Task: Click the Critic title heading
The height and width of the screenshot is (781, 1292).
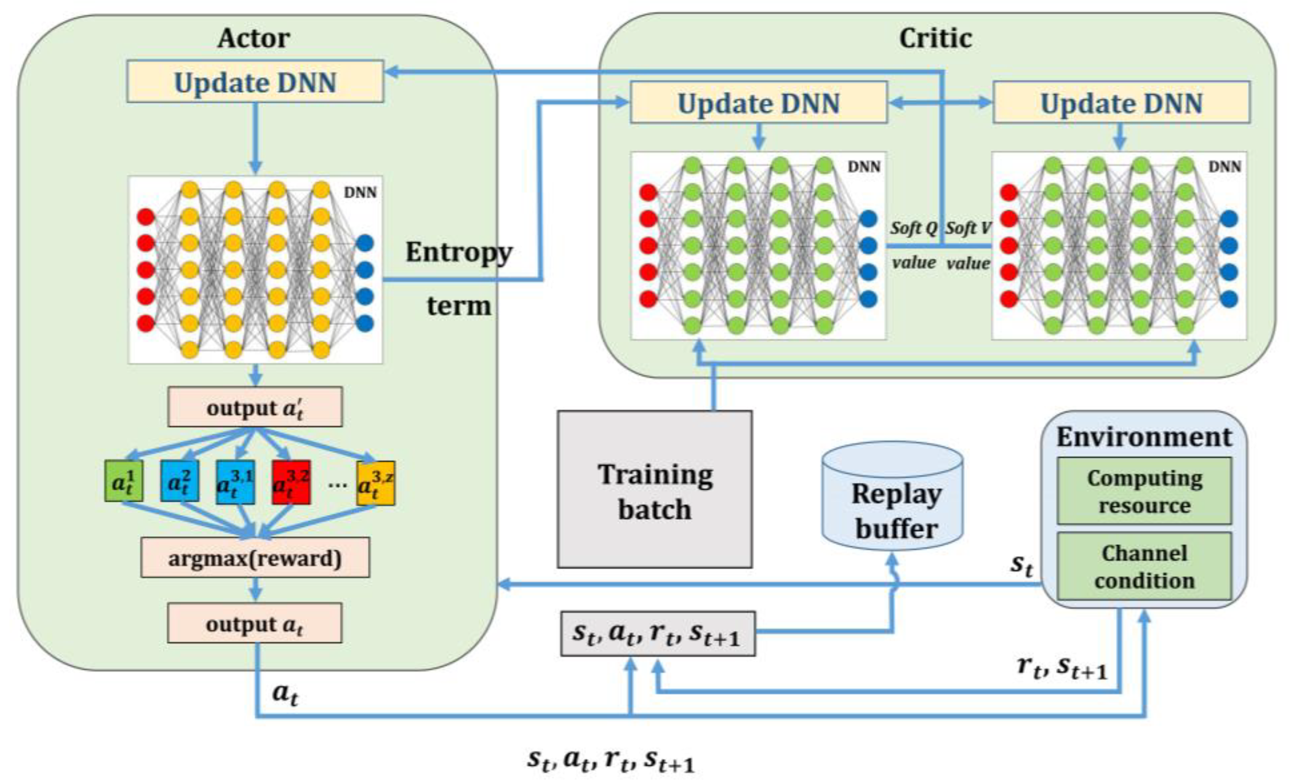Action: (x=935, y=38)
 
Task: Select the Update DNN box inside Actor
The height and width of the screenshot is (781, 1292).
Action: (x=255, y=82)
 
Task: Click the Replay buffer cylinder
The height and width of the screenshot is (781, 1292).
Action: (x=892, y=503)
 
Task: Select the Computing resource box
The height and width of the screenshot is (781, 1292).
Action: (x=1144, y=491)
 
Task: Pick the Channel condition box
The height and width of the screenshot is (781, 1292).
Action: (x=1144, y=566)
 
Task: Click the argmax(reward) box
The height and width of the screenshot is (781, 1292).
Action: (x=255, y=558)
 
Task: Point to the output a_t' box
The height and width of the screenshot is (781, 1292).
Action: (x=255, y=407)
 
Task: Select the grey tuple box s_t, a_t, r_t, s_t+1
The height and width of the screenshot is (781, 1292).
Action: (x=657, y=634)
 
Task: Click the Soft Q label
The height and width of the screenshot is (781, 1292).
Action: (x=914, y=229)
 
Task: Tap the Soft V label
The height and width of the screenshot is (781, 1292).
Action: (x=968, y=229)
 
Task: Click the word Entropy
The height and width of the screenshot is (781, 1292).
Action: (x=458, y=253)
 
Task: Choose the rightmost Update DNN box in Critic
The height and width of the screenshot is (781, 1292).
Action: (x=1121, y=103)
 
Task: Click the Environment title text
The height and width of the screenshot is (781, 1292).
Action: (x=1143, y=437)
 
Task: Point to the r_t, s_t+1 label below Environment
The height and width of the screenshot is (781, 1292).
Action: (x=1062, y=667)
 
